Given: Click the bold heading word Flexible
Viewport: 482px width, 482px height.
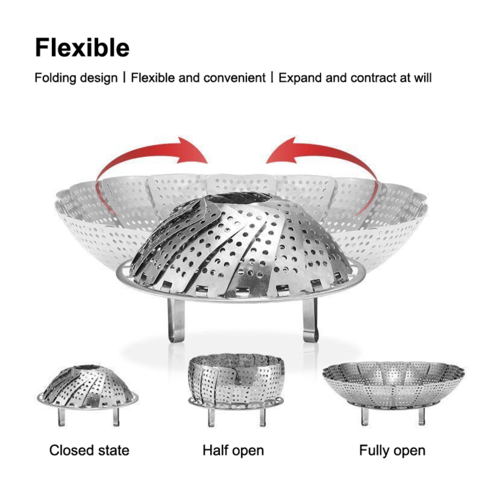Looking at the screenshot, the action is pyautogui.click(x=82, y=47).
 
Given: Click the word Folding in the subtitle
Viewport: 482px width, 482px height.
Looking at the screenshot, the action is pyautogui.click(x=55, y=78).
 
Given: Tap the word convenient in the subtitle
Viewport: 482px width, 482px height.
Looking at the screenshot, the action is pyautogui.click(x=234, y=78).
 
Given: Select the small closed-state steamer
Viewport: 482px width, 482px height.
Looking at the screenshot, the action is pyautogui.click(x=88, y=395).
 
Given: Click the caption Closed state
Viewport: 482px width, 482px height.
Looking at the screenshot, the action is pyautogui.click(x=89, y=450).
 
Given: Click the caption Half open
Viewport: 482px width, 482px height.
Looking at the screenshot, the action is pyautogui.click(x=233, y=451).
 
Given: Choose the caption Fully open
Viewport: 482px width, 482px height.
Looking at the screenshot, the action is pyautogui.click(x=392, y=451).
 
